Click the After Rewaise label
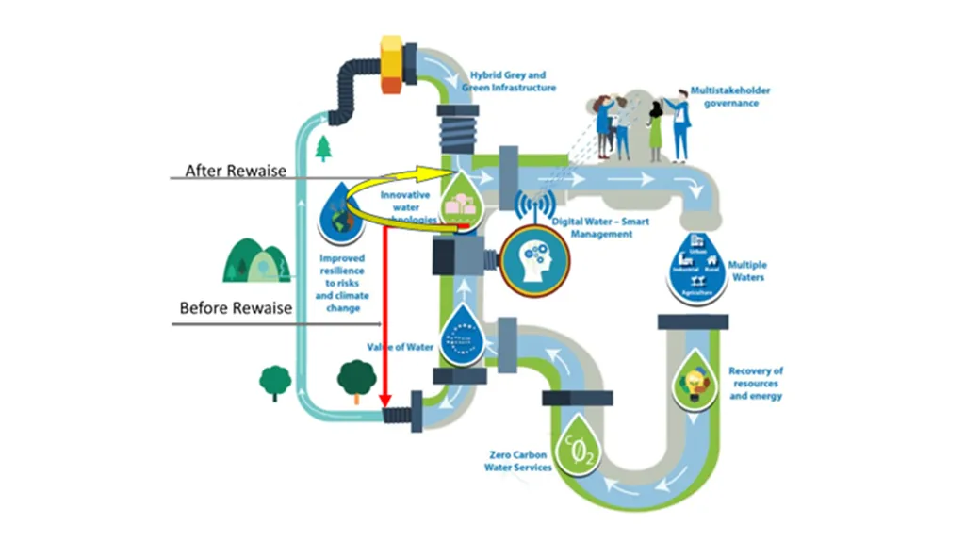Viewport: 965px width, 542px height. [x=236, y=171]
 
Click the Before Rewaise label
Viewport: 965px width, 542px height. [x=236, y=308]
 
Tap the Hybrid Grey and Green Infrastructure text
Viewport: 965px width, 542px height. [x=508, y=82]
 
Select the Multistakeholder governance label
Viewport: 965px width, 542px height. [x=730, y=97]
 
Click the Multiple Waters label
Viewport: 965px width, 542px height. [x=747, y=272]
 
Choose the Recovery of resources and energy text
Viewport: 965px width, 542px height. [x=755, y=384]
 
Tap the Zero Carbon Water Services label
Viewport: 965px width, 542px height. [x=517, y=461]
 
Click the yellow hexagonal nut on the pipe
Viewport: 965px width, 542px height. [x=390, y=64]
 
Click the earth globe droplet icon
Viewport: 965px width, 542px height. [x=336, y=213]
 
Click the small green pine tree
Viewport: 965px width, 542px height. [x=325, y=148]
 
